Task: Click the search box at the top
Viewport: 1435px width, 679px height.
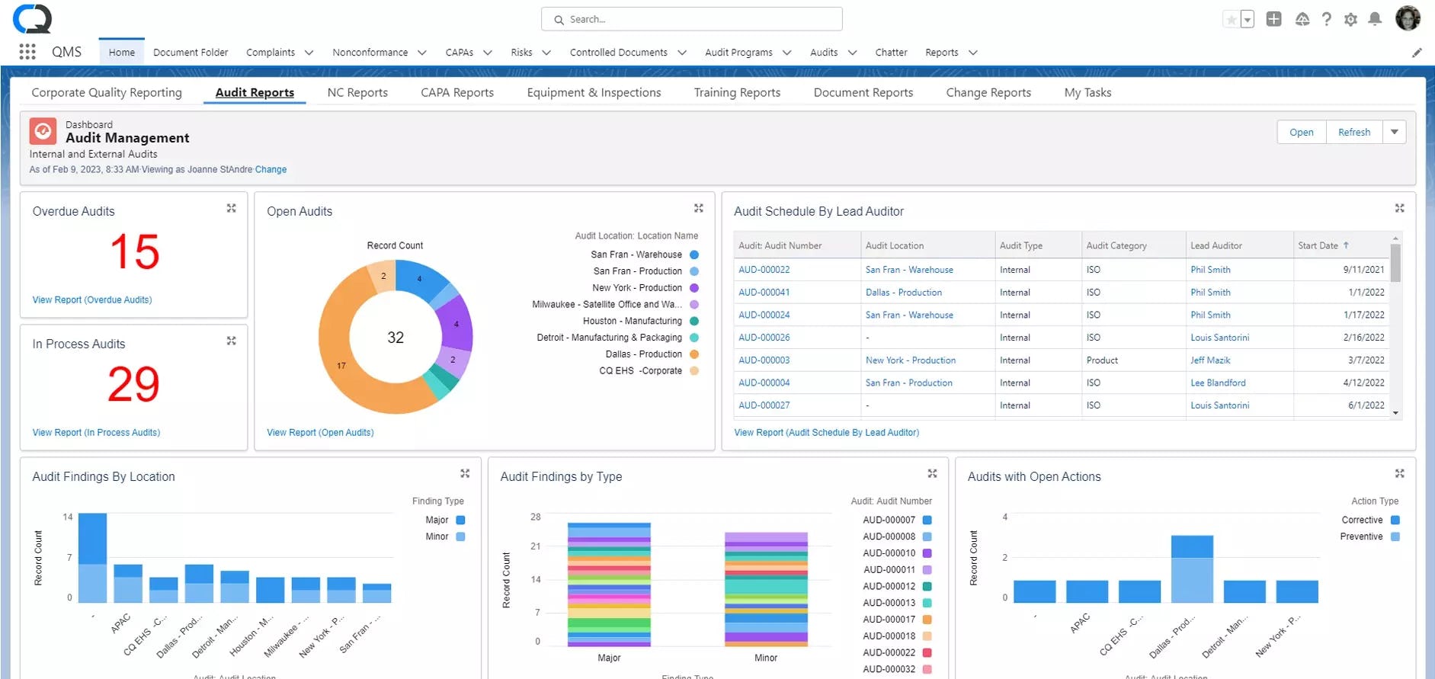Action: coord(691,19)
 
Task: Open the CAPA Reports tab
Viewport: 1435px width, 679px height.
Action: coord(456,92)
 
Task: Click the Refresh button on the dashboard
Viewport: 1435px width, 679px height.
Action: coord(1353,132)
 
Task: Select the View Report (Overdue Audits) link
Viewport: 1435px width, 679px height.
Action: coord(92,299)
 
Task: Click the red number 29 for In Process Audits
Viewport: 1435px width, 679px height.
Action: coord(133,384)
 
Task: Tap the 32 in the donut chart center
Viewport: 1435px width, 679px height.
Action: coord(396,338)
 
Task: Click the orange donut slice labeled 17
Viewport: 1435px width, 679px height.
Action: coord(341,366)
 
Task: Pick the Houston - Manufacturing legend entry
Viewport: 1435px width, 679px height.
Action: coord(632,321)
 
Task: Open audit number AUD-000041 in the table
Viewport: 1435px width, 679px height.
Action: coord(764,292)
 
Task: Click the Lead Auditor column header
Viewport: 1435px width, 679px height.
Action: coord(1216,245)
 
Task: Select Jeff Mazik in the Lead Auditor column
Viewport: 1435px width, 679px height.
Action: coord(1210,360)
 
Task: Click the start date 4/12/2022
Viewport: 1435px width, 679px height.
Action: coord(1363,383)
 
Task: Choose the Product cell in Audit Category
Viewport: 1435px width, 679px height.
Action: coord(1102,360)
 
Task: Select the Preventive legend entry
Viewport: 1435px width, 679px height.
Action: coord(1361,536)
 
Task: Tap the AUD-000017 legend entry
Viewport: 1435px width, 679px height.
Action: coord(889,619)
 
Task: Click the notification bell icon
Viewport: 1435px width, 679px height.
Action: coord(1375,19)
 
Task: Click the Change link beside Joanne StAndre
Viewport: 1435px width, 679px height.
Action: coord(271,169)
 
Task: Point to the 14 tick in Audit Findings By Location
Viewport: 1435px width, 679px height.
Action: coord(68,517)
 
